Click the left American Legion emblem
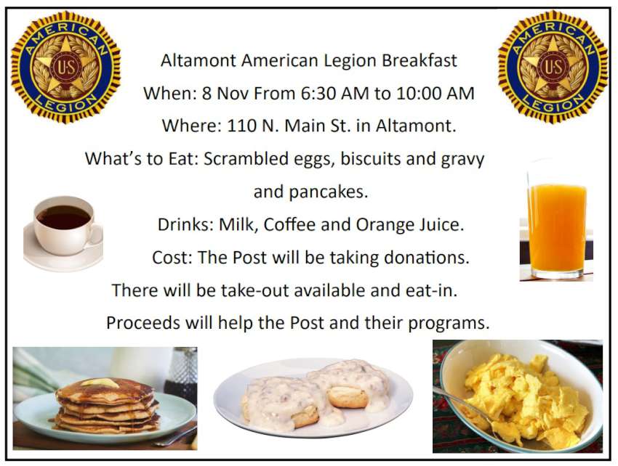pos(66,67)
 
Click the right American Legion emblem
pos(553,66)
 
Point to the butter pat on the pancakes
pos(100,383)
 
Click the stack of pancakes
pos(107,405)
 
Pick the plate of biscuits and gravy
pos(313,398)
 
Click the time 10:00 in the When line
pos(419,94)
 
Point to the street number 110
pos(241,126)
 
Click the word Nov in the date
pos(234,94)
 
